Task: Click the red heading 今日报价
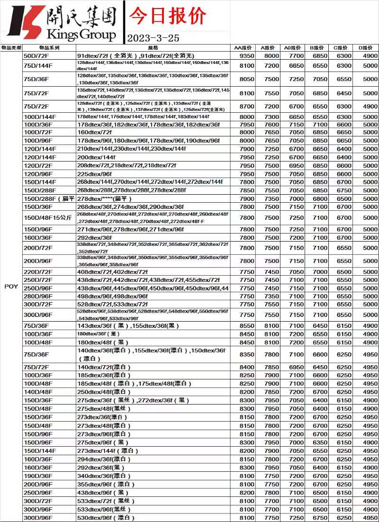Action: (168, 16)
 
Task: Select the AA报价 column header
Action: (243, 48)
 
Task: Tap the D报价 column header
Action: (365, 48)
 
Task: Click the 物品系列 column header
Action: (49, 48)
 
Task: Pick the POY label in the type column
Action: (11, 287)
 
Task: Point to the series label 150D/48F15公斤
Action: (47, 217)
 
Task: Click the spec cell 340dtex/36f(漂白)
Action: (104, 476)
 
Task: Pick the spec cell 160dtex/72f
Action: (94, 132)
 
